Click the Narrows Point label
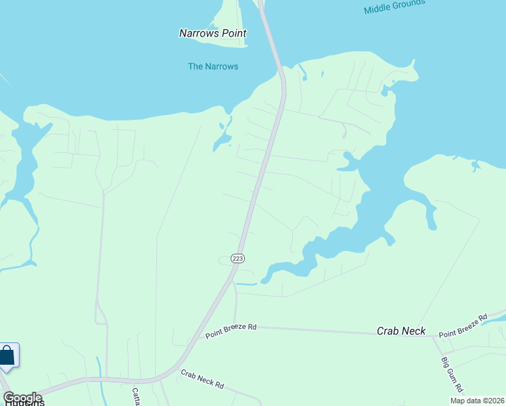(x=212, y=33)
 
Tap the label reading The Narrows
(x=213, y=66)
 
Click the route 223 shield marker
(x=237, y=258)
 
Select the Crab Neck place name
(x=401, y=331)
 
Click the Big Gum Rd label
(x=451, y=374)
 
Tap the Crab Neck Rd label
(x=202, y=379)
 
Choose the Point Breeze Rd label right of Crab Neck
(x=463, y=326)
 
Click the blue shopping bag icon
(x=7, y=356)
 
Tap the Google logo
(x=22, y=398)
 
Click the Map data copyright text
(x=476, y=401)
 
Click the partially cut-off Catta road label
(x=136, y=397)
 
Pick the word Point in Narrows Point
(x=234, y=33)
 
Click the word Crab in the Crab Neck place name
(x=388, y=331)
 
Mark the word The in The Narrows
(x=195, y=66)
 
